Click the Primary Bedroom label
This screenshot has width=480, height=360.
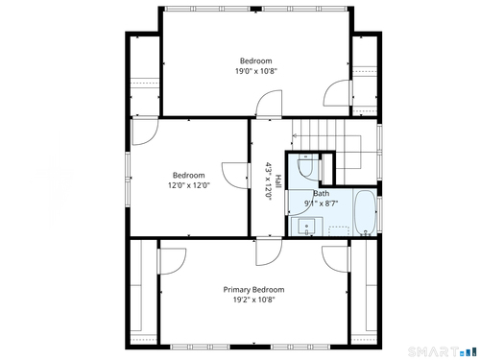click(253, 290)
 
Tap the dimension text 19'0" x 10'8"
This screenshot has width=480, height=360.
click(256, 71)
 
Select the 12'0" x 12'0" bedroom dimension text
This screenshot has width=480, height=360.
click(189, 185)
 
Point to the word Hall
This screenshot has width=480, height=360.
click(278, 181)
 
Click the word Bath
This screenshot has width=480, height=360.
click(321, 193)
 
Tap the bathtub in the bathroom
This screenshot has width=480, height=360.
click(366, 212)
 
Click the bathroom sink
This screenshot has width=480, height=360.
click(307, 226)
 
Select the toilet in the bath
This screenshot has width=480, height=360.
click(305, 165)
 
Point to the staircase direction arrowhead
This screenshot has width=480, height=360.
click(295, 135)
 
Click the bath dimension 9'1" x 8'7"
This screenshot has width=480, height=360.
click(321, 203)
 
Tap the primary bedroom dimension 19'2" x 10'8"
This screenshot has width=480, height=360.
click(254, 300)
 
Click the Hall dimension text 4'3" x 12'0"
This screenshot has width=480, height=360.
click(268, 181)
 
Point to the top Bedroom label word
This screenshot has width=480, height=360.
click(256, 60)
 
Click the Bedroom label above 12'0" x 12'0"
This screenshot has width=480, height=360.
click(189, 176)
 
